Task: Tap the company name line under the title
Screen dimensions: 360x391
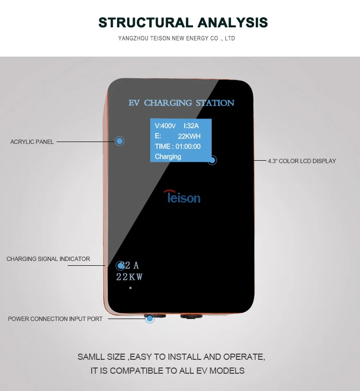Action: click(x=176, y=38)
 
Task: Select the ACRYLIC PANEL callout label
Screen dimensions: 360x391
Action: click(x=32, y=142)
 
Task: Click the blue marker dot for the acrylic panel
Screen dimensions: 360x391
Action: click(x=120, y=141)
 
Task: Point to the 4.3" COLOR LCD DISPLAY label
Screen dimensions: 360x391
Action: click(x=302, y=161)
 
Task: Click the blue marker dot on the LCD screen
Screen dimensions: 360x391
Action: click(x=212, y=161)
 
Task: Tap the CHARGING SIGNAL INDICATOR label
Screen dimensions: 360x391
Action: click(x=48, y=259)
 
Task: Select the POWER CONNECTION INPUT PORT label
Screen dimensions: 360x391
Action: click(x=55, y=319)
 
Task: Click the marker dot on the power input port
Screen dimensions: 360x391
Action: click(x=150, y=318)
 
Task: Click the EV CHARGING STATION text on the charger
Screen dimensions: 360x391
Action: click(x=181, y=103)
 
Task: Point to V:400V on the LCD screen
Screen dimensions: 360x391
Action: click(x=166, y=126)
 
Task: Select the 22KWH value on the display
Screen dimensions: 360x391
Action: click(x=189, y=136)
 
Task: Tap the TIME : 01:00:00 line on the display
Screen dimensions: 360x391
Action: click(x=178, y=146)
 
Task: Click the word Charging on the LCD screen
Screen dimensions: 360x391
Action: click(x=168, y=157)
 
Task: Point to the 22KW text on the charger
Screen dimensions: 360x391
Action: click(x=130, y=277)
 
